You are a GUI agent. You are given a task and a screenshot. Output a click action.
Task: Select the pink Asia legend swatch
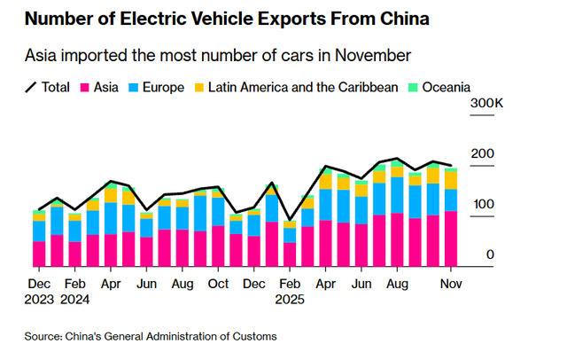[x=87, y=87]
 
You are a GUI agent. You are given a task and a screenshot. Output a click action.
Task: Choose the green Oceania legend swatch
[x=414, y=87]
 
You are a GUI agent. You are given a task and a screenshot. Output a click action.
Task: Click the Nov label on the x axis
[x=451, y=285]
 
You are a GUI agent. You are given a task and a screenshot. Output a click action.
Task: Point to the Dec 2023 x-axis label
[x=38, y=292]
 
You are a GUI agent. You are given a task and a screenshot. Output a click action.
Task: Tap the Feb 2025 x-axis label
[x=289, y=292]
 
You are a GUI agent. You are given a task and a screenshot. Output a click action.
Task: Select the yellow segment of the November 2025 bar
[x=451, y=180]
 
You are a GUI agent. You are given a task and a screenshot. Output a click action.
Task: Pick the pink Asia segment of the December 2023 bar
[x=39, y=254]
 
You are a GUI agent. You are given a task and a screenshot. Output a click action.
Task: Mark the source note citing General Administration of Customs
[x=150, y=336]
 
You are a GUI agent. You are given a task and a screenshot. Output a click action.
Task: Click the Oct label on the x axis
[x=219, y=285]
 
